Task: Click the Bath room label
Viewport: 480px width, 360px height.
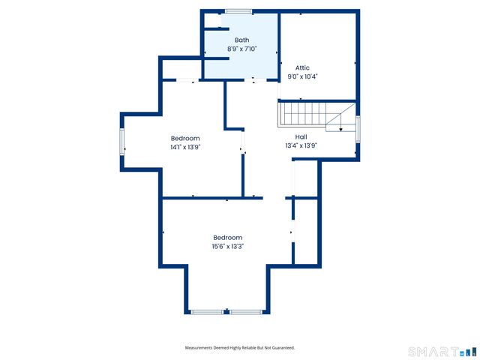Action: [x=241, y=40]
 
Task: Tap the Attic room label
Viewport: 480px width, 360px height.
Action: [x=302, y=67]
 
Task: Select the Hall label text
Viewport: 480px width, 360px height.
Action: [x=301, y=136]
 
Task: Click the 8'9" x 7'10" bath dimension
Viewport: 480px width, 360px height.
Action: [x=241, y=49]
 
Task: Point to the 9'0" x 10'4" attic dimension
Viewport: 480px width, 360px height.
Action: [x=302, y=76]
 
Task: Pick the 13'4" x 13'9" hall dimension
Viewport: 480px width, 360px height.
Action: [x=301, y=145]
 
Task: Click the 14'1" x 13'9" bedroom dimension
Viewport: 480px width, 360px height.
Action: [x=185, y=147]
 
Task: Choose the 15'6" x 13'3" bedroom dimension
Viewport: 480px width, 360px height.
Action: [x=227, y=246]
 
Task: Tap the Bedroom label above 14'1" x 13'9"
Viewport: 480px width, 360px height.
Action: [x=185, y=138]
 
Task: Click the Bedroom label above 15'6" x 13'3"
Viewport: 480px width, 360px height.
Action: [x=227, y=237]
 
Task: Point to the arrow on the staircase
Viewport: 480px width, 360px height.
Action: [x=340, y=129]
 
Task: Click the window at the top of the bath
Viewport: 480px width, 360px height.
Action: [x=238, y=10]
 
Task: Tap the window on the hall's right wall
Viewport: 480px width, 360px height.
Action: [x=358, y=129]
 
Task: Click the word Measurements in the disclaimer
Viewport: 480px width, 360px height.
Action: [x=202, y=348]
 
